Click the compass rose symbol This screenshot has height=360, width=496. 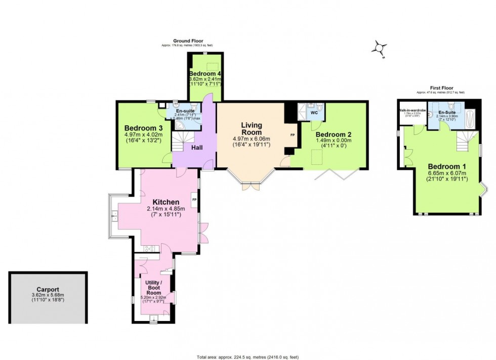click(x=379, y=49)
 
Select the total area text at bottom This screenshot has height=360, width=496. click(x=247, y=356)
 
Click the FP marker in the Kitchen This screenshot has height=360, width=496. click(x=194, y=199)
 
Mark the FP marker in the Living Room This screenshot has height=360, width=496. click(x=292, y=136)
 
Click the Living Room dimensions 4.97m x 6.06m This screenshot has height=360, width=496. click(x=251, y=139)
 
